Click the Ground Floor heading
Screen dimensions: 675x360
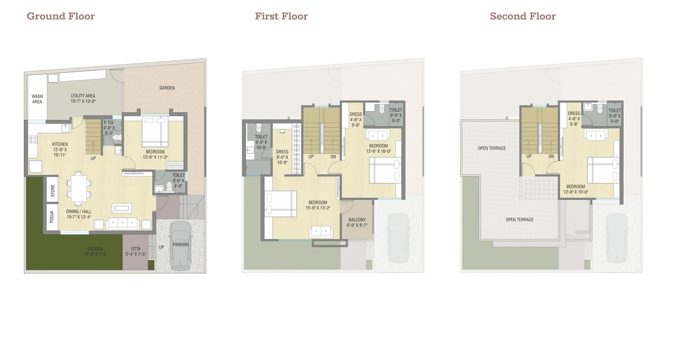click(x=61, y=16)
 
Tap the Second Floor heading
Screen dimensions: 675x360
click(x=523, y=16)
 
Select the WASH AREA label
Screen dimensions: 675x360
click(x=37, y=99)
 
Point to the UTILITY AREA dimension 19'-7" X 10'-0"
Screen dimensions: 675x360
click(x=83, y=102)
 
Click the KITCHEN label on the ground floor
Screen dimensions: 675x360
click(x=60, y=144)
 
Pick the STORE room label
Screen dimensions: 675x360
click(x=53, y=191)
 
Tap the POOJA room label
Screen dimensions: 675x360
click(x=52, y=217)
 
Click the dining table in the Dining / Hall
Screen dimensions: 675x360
click(x=79, y=188)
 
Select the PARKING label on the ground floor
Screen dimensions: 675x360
click(x=180, y=245)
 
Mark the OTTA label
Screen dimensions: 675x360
click(x=135, y=249)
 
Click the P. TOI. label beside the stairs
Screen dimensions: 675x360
click(x=109, y=122)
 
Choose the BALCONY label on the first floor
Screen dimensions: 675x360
click(x=357, y=220)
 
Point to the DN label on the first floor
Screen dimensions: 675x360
click(x=333, y=157)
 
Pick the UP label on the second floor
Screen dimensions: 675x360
click(x=529, y=156)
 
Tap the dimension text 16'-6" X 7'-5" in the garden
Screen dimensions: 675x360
click(x=95, y=254)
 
